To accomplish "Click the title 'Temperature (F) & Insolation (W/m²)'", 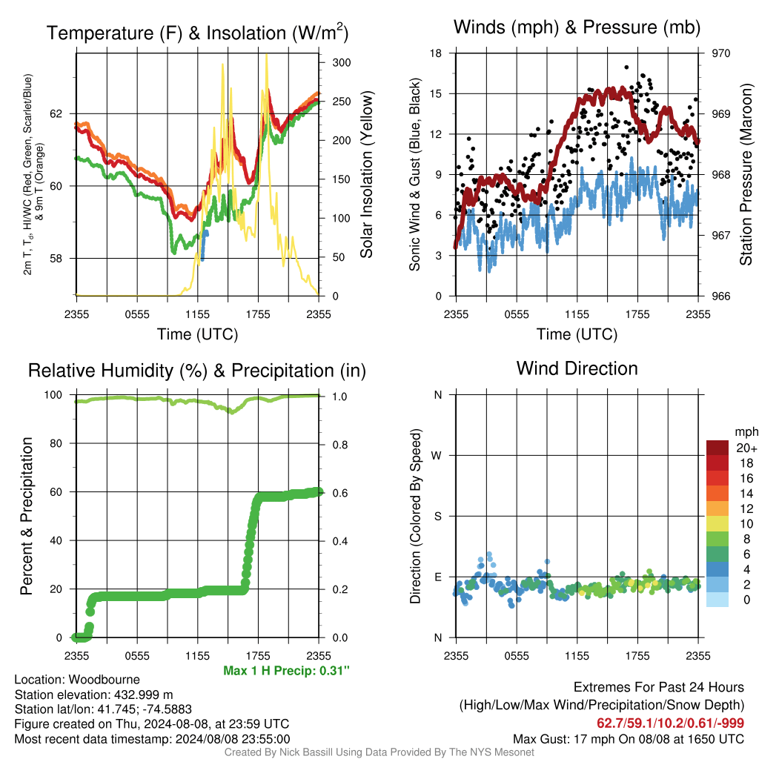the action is point(197,33).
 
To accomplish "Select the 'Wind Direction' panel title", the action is point(577,368).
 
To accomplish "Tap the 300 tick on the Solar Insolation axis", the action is point(341,62).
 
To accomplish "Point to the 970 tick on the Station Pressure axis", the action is point(720,53).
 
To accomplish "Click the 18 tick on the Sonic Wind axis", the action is point(436,53).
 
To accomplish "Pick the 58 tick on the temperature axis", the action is point(56,259).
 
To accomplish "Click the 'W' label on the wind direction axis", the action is point(437,456).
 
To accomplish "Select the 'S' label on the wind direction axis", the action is point(437,517).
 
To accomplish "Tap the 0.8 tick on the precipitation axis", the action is point(339,445).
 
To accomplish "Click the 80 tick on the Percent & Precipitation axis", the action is point(56,443).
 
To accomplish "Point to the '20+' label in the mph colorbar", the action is point(746,448).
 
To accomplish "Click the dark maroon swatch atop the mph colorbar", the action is point(717,448).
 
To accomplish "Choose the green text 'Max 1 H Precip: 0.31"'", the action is point(286,670).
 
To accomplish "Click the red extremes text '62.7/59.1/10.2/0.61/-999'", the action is point(670,723).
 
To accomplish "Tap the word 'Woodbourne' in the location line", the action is point(104,680).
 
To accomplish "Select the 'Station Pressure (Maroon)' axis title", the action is point(746,174).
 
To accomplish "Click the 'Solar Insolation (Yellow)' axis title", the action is point(366,174).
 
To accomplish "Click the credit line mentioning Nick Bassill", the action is point(379,752).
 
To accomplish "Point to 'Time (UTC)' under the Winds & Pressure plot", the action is point(577,334).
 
